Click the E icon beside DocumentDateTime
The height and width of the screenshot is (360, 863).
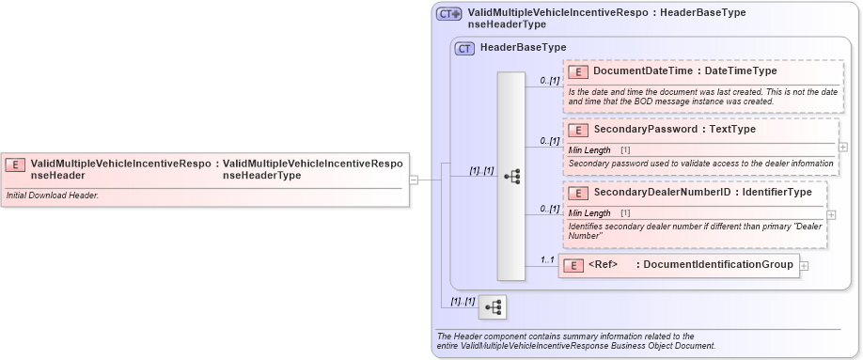(x=579, y=70)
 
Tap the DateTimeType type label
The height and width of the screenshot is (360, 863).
(x=741, y=70)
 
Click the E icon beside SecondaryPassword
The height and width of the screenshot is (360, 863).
(x=579, y=130)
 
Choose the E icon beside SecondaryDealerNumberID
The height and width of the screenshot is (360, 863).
(x=579, y=193)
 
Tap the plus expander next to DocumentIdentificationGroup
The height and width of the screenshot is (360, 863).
(x=804, y=266)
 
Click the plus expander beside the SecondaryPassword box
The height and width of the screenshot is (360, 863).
(x=842, y=147)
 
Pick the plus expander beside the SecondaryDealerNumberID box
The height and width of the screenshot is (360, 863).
(x=831, y=215)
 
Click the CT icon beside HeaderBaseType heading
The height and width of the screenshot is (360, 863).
(x=464, y=47)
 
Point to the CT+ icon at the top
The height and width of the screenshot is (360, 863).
(x=448, y=14)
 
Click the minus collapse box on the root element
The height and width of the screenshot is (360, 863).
(x=415, y=180)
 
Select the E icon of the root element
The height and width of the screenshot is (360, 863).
(x=15, y=164)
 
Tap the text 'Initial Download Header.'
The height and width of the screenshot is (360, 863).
(x=52, y=196)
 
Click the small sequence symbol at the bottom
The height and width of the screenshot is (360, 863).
(x=493, y=307)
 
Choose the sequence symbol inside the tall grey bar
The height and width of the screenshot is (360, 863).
(x=511, y=176)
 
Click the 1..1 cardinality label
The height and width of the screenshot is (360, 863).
(x=547, y=259)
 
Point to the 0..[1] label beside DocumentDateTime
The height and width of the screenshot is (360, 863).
(x=548, y=81)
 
